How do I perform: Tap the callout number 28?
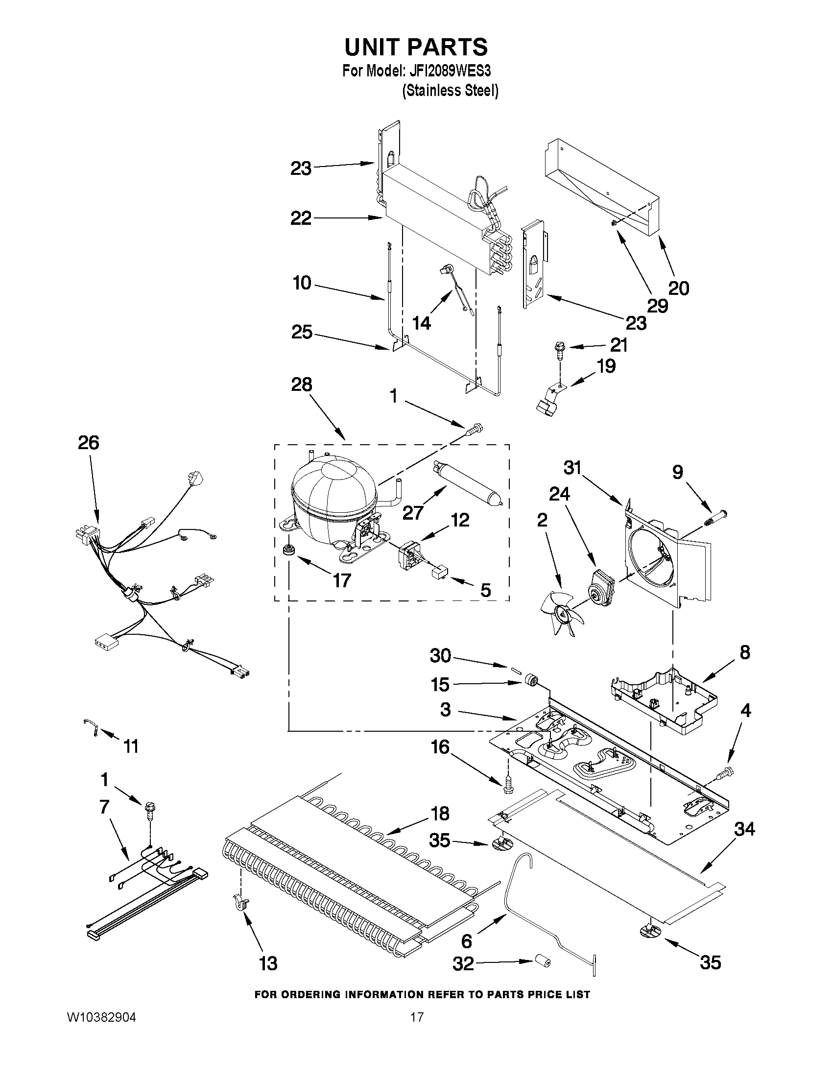coord(302,384)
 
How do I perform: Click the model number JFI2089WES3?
coord(450,71)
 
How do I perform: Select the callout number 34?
coord(744,829)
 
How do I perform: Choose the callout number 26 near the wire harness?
coord(88,443)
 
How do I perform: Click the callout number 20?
coord(679,288)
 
